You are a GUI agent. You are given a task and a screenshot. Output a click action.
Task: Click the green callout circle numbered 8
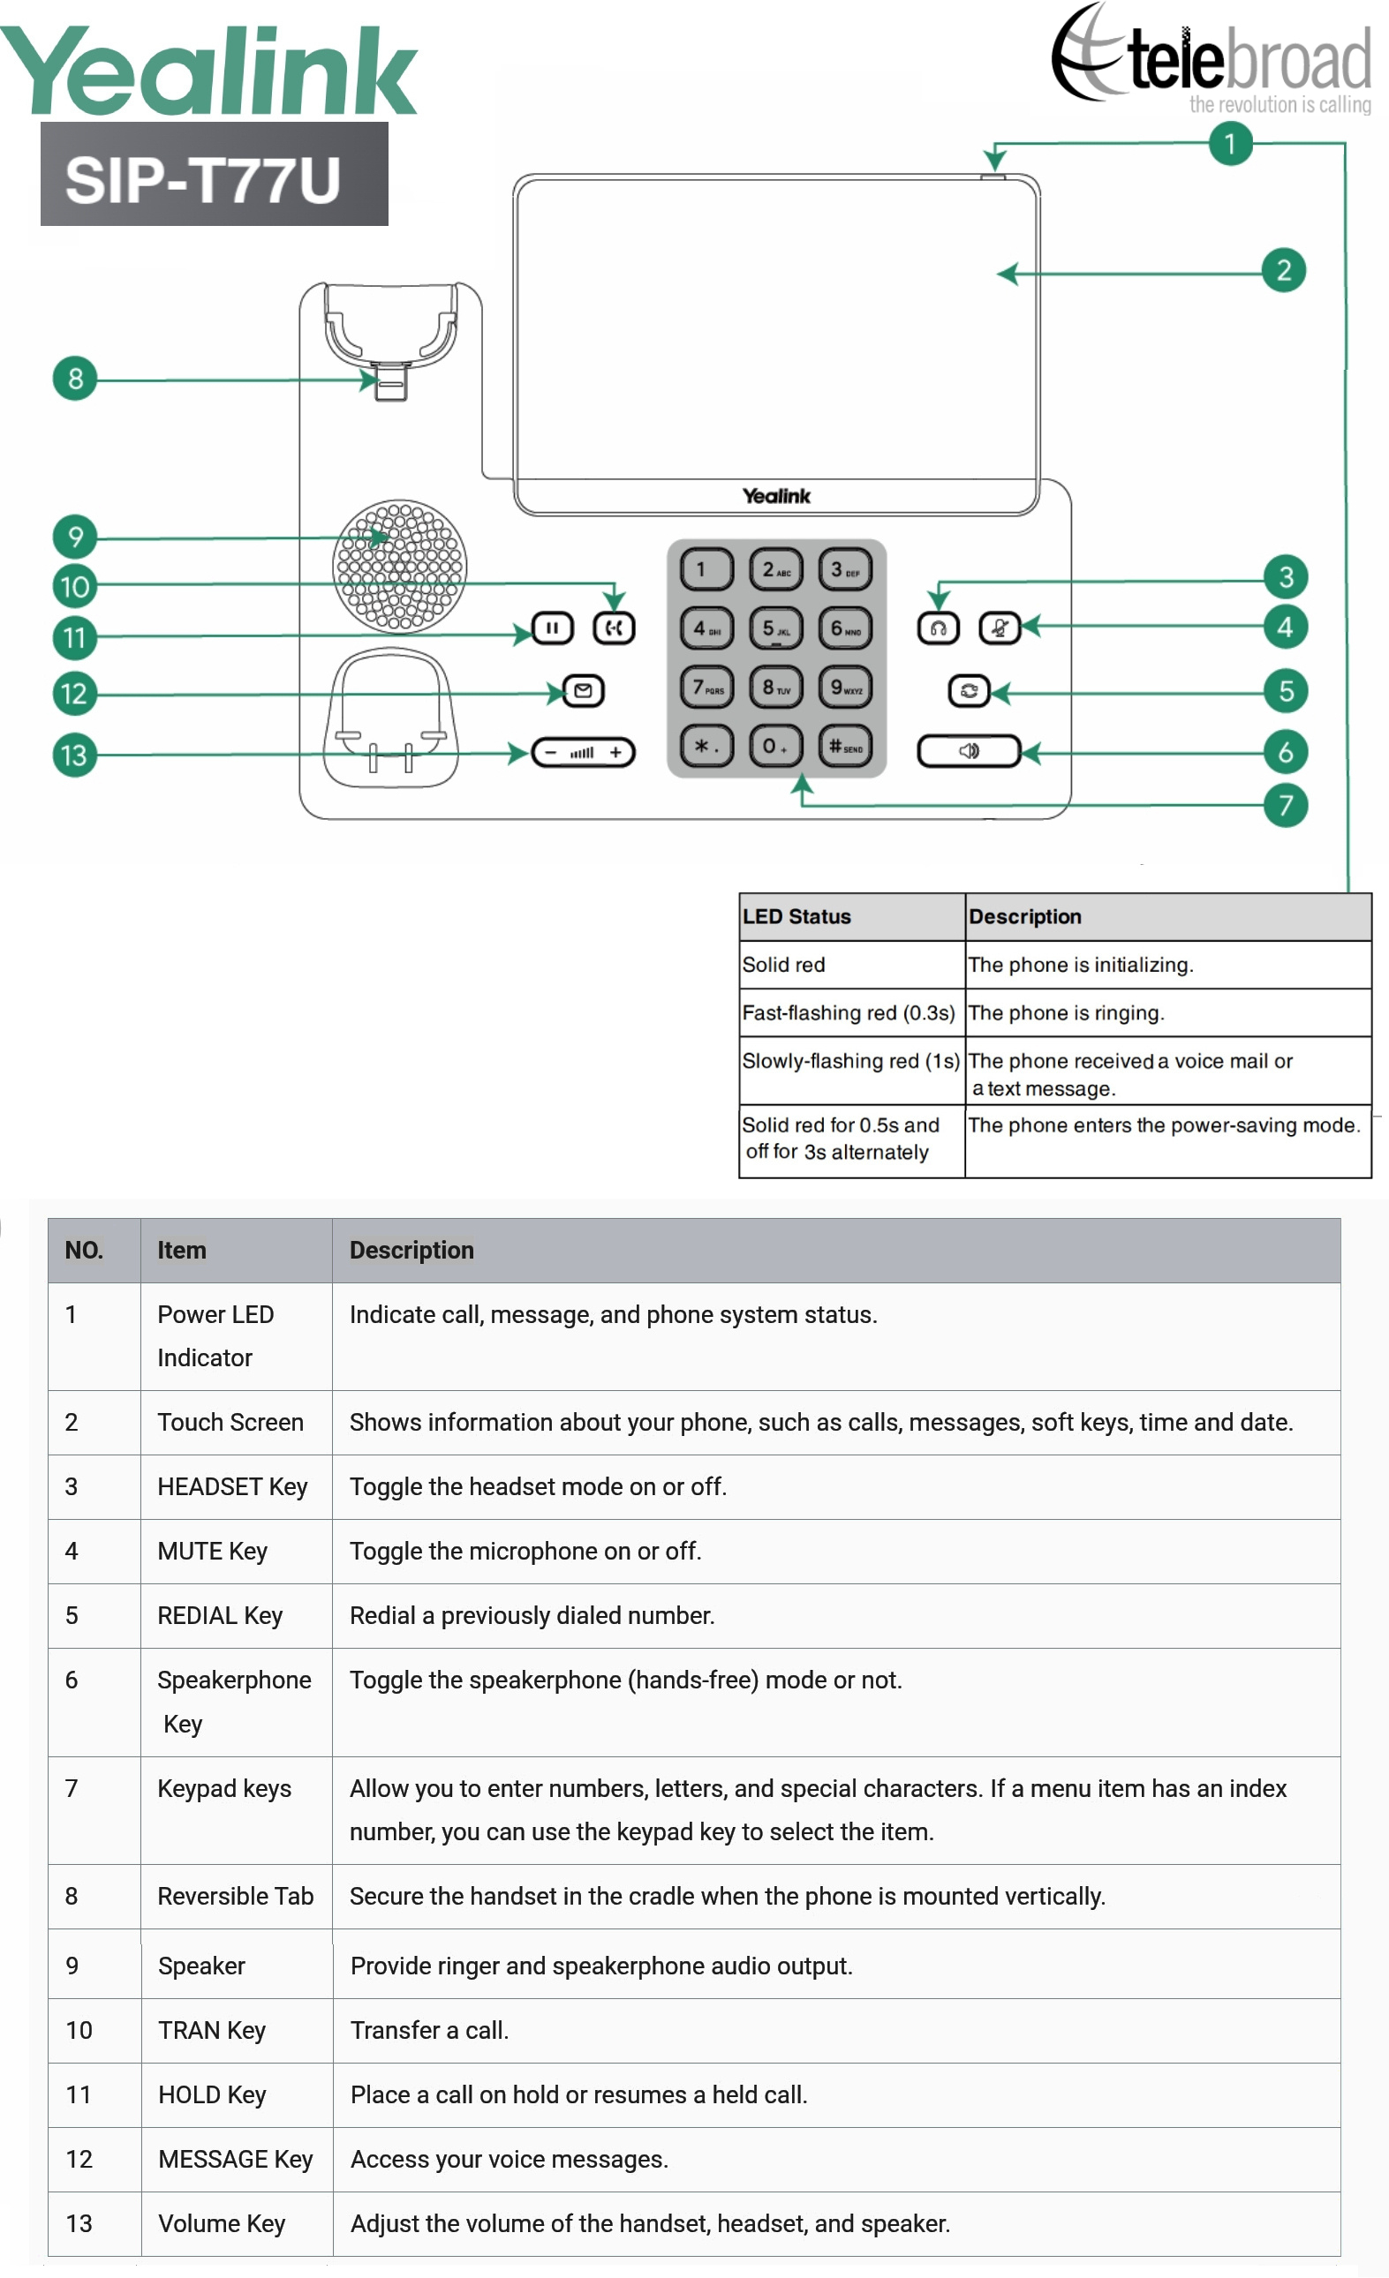coord(75,378)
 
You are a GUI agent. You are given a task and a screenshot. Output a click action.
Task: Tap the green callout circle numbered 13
coord(74,756)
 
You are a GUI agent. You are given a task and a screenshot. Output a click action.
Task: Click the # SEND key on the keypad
coord(844,746)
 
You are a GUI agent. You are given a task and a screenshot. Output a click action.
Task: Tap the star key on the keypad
coord(706,746)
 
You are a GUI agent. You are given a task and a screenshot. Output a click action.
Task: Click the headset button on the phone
coord(938,628)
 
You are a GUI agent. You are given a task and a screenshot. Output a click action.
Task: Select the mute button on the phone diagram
coord(999,628)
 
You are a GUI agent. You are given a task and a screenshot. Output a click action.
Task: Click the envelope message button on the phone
coord(583,690)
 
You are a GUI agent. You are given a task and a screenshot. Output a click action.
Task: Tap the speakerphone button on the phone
coord(968,751)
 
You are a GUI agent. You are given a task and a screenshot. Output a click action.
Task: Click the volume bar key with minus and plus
coord(583,753)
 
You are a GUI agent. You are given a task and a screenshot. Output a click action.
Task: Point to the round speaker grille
coord(399,566)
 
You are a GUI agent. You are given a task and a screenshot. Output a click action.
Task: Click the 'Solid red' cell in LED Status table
coord(850,965)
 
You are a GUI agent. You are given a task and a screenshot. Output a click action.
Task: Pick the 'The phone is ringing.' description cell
coord(1166,1012)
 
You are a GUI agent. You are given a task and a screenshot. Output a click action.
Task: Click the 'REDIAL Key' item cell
coord(235,1615)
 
